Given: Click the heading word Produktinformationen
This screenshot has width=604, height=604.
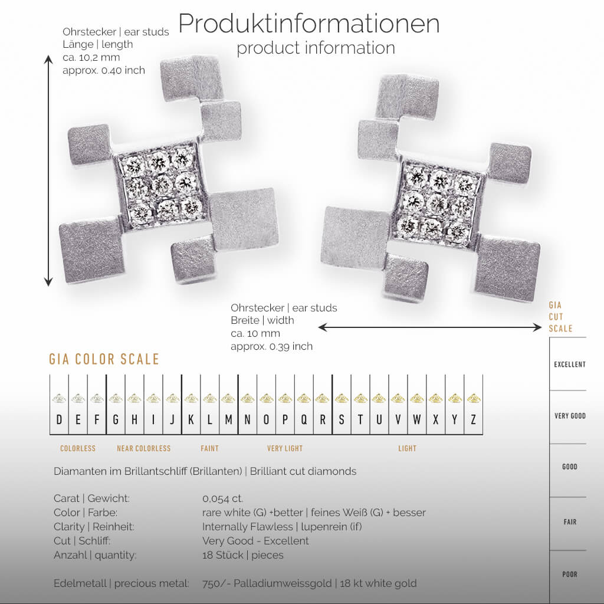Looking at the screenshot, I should click(308, 24).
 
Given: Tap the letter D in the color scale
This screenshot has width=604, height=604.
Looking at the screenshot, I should click(59, 420).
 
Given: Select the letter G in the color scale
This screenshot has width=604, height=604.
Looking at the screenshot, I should click(116, 420).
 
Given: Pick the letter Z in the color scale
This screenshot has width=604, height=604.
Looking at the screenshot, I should click(474, 420).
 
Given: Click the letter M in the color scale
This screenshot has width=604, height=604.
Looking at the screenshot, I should click(228, 420).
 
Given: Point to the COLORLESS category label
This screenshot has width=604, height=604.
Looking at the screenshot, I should click(78, 449).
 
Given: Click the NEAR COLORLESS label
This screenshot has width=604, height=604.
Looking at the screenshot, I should click(143, 449).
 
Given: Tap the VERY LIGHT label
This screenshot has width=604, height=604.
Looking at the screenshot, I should click(285, 449).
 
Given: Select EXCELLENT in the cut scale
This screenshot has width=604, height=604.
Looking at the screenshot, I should click(569, 365).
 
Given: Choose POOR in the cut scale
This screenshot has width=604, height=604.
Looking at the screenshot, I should click(569, 575).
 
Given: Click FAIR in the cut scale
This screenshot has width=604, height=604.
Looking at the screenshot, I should click(570, 522).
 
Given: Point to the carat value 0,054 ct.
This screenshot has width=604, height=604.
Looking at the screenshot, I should click(222, 498).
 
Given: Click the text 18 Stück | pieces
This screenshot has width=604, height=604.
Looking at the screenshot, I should click(242, 555).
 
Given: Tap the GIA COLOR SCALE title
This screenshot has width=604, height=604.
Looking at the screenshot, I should click(104, 359).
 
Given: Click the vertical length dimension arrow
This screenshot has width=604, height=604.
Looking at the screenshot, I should click(48, 171).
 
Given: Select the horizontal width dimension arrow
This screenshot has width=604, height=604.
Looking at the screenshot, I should click(429, 327).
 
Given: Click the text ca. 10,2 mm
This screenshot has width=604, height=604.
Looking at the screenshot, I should click(92, 57).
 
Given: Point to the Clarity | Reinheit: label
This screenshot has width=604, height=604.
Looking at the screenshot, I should click(94, 527).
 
